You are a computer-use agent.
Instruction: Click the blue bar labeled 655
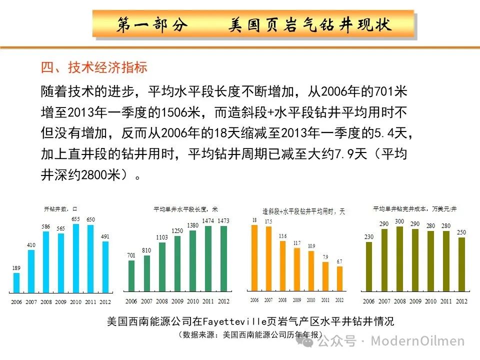tap(75, 258)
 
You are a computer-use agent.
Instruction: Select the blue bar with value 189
tap(16, 282)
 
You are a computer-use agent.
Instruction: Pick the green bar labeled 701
tap(131, 276)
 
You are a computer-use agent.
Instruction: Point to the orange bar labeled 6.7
tap(339, 277)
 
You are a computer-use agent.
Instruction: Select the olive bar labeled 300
tap(399, 259)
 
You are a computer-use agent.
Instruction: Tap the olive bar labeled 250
tap(461, 264)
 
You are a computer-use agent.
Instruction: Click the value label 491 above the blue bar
tap(105, 237)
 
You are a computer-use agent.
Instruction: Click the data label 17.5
tap(268, 221)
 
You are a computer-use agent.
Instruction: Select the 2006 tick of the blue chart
tap(16, 302)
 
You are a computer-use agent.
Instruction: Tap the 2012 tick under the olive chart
tap(461, 301)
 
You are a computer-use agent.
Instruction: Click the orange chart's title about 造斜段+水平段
tap(303, 211)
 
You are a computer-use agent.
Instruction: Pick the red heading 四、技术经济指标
tap(93, 67)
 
